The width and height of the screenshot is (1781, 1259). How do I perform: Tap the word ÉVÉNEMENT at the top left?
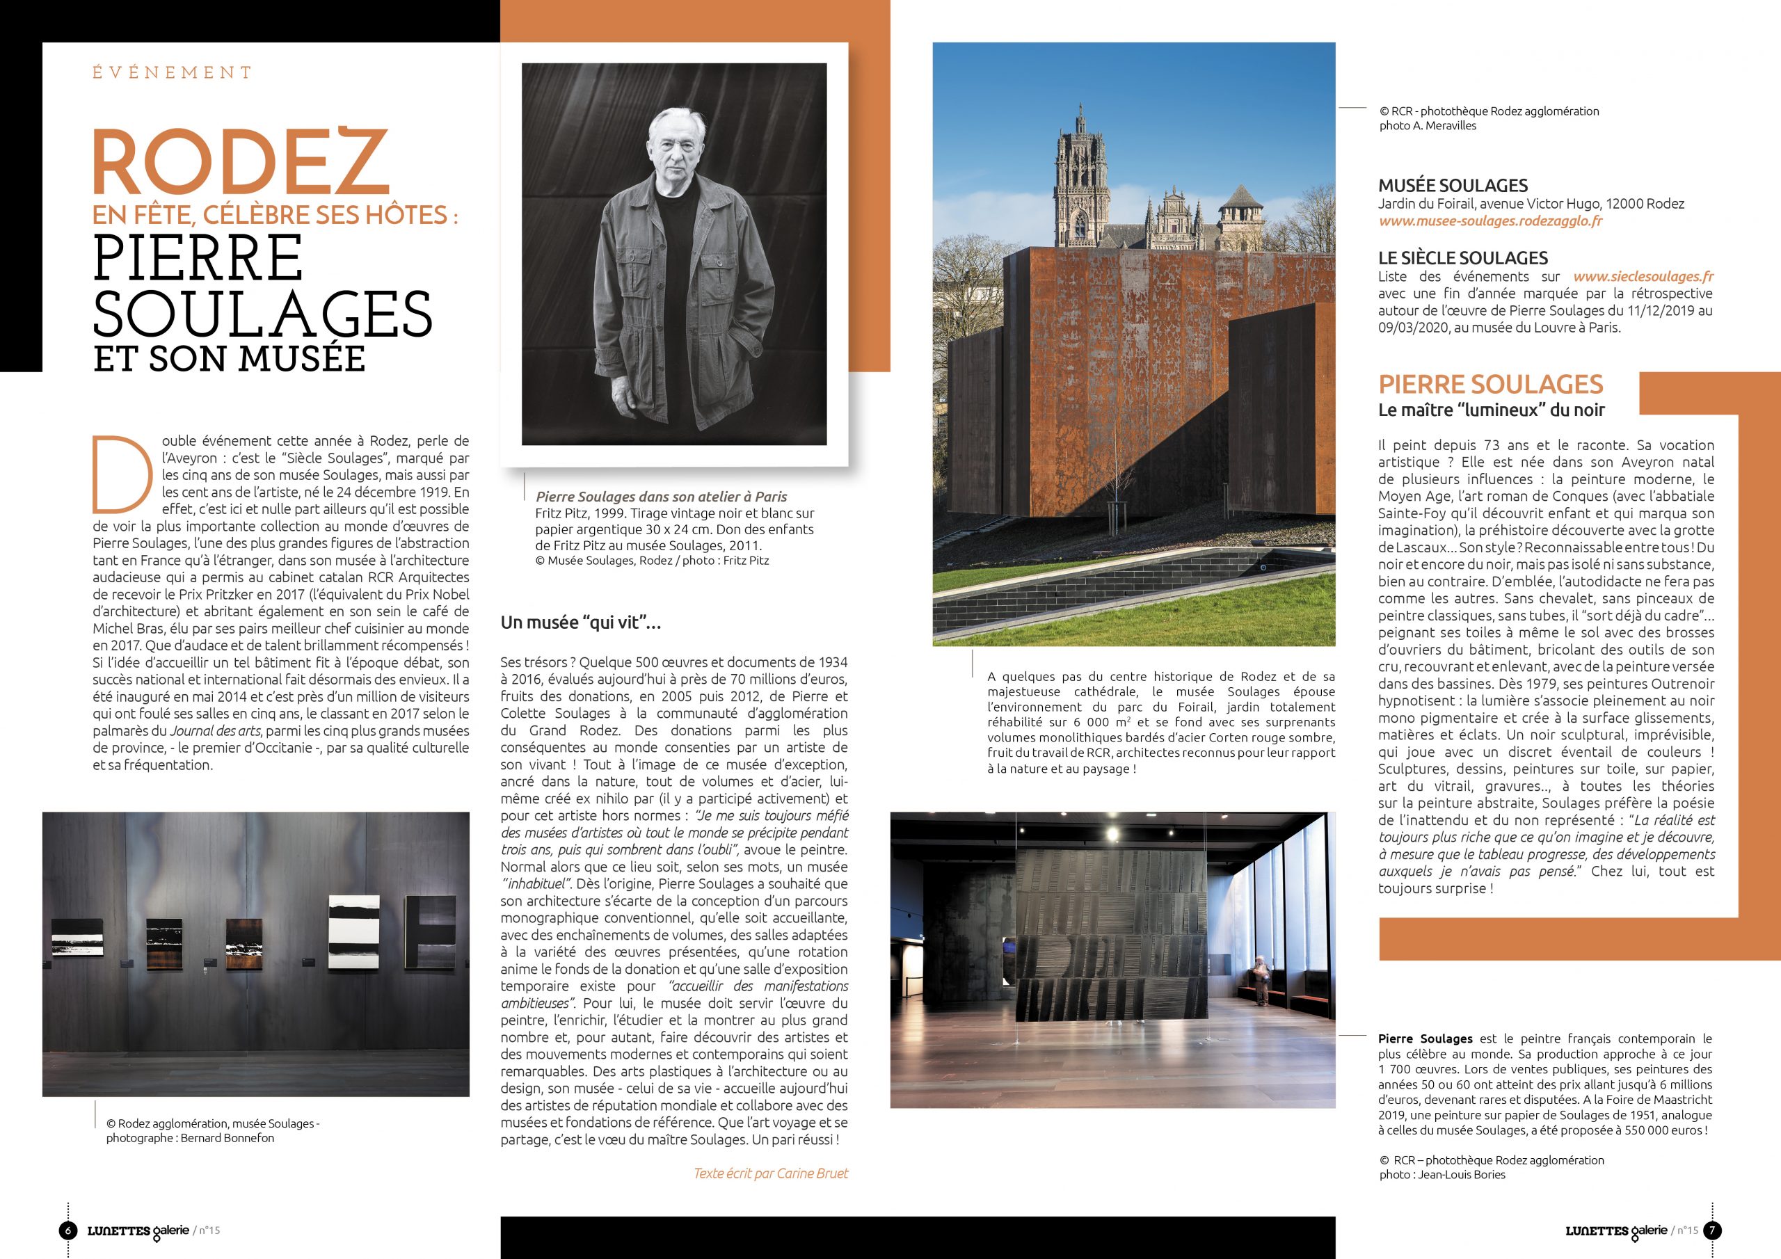pos(173,73)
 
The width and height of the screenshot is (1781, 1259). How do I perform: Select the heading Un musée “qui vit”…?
pos(580,622)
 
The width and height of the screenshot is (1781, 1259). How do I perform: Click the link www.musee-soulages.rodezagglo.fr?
pos(1490,221)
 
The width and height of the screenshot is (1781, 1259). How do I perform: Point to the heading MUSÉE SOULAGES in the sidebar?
pos(1453,186)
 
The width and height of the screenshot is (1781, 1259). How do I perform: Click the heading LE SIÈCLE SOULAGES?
pos(1462,258)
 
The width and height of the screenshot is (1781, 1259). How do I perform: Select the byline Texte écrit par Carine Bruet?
pos(770,1173)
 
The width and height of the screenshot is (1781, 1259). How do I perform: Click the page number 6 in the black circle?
pos(68,1230)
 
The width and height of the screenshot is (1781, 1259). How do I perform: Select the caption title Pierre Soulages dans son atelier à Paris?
pos(662,497)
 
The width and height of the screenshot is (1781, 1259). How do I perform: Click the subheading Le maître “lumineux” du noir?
pos(1491,410)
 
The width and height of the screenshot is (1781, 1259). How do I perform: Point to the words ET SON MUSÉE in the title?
pos(229,358)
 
